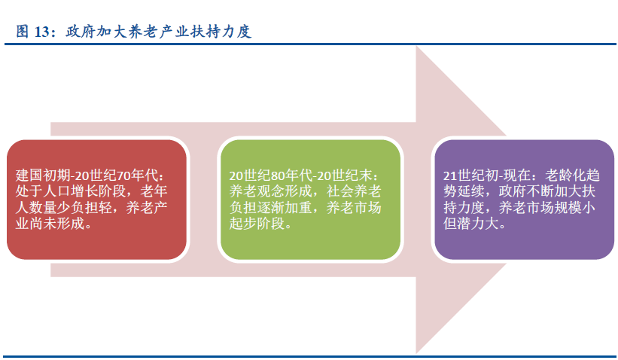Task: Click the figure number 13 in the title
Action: point(41,32)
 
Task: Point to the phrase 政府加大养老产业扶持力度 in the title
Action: point(157,32)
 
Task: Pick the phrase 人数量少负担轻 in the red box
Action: point(62,207)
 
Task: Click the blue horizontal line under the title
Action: point(309,44)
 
